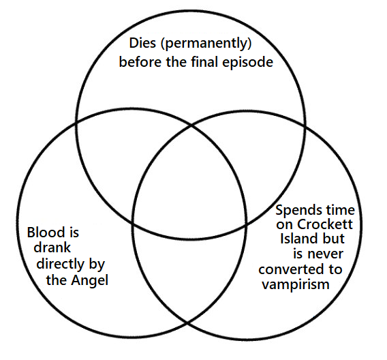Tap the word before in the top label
(140, 63)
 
